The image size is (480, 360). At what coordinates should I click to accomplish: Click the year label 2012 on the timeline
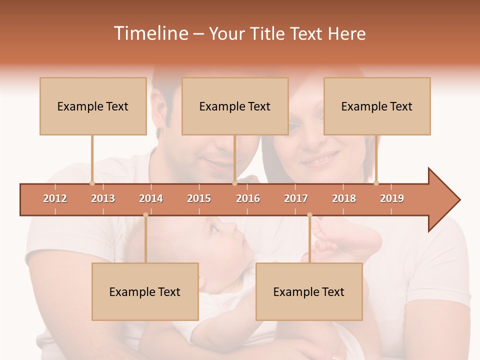[55, 198]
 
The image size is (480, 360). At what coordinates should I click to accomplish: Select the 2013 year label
[103, 198]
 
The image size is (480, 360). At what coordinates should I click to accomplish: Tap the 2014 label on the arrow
[151, 198]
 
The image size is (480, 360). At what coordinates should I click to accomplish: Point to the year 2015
[199, 198]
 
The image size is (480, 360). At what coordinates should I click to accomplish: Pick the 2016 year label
[248, 198]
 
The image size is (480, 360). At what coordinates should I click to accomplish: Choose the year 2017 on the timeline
[296, 198]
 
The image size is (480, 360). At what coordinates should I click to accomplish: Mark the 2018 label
[344, 198]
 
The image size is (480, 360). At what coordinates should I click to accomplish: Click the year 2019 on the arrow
[392, 198]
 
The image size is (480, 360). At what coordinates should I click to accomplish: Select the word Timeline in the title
[150, 33]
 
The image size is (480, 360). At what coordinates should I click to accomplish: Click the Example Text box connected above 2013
[93, 106]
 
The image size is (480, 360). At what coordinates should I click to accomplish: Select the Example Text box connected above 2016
[235, 106]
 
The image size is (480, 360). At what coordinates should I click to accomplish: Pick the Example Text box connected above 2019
[377, 106]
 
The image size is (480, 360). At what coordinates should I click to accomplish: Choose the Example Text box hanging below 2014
[145, 291]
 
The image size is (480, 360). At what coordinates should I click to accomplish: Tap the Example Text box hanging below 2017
[309, 291]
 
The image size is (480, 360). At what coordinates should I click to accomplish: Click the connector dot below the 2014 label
[145, 215]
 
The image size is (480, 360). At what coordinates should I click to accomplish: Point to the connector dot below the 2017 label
[309, 215]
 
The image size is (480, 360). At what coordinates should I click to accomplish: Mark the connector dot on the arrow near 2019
[376, 183]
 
